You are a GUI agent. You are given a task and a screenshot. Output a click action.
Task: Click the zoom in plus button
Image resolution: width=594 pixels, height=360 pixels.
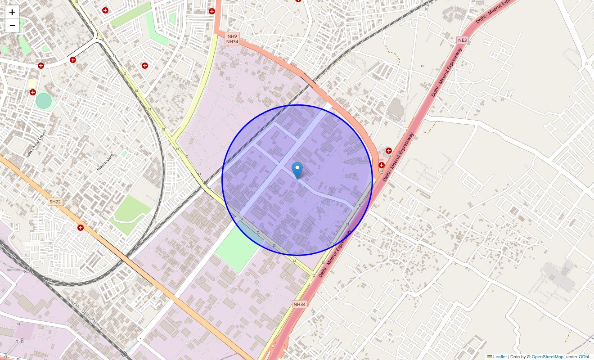[12, 12]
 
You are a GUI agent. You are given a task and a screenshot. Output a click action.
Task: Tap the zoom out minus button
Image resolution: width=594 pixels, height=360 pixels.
[12, 26]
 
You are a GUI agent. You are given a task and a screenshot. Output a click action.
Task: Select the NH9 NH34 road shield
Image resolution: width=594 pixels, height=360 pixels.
[232, 39]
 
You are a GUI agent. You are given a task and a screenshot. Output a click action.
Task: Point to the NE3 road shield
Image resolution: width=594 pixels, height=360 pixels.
[463, 40]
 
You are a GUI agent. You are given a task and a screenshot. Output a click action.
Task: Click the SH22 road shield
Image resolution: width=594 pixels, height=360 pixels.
[55, 202]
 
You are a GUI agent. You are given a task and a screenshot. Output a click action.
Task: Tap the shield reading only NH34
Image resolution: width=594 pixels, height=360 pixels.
[300, 304]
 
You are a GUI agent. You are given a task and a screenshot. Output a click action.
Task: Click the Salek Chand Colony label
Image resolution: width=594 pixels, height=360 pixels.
[36, 144]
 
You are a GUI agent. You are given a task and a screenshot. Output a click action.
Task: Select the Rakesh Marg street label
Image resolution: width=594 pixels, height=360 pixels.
[105, 162]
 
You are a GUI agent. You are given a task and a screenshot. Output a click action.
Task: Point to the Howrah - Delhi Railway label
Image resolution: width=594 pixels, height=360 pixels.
[85, 313]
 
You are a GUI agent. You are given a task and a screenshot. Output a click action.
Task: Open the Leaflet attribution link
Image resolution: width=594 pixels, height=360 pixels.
[499, 356]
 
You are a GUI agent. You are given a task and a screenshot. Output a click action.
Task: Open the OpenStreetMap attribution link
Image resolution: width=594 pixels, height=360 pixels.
[547, 356]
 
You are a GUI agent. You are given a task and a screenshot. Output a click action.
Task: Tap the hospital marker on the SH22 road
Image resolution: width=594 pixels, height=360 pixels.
[81, 228]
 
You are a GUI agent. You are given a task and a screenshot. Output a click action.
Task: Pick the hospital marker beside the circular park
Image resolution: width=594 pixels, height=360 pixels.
[32, 92]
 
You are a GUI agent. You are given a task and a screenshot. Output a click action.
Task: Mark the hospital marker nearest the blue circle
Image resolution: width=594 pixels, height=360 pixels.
[382, 165]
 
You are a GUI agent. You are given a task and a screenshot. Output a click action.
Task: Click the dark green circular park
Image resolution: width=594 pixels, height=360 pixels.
[44, 100]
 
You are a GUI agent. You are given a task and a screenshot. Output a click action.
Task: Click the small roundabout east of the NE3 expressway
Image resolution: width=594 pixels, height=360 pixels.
[586, 64]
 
